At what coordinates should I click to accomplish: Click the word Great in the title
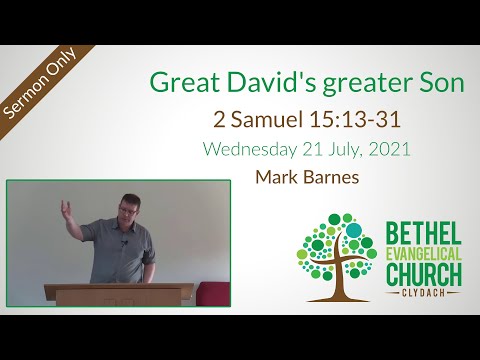click(x=179, y=85)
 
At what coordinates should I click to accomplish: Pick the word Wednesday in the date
click(x=249, y=151)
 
